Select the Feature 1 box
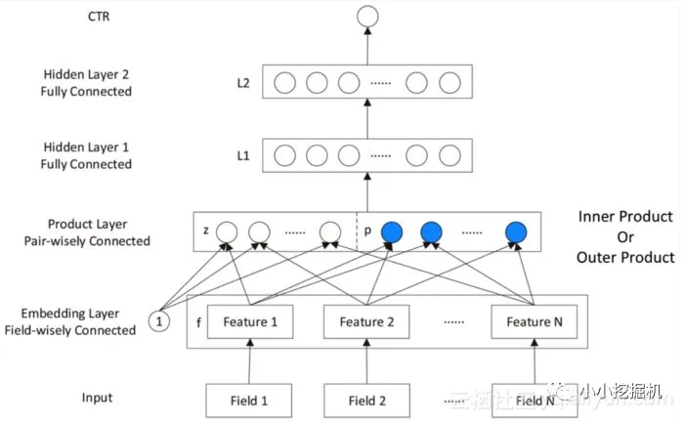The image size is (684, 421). [x=251, y=321]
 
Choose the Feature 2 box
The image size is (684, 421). [x=367, y=321]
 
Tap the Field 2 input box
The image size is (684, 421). [x=367, y=400]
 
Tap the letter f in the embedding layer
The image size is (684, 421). [x=198, y=319]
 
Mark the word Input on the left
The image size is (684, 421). [x=97, y=398]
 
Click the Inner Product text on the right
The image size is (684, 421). [x=625, y=216]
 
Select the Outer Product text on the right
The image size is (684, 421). [x=625, y=257]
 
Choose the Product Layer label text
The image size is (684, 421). [x=87, y=225]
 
